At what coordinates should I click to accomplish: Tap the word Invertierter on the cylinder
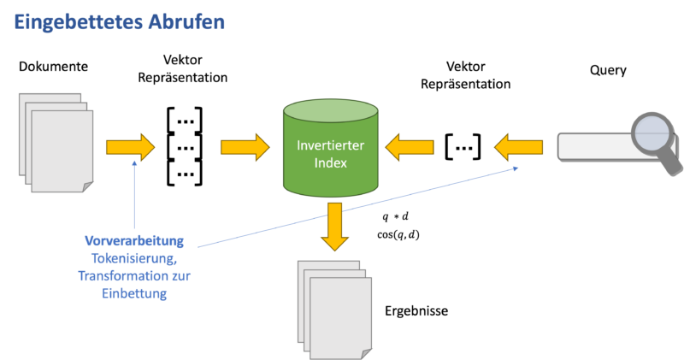(x=329, y=145)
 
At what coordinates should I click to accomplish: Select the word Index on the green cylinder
(x=329, y=162)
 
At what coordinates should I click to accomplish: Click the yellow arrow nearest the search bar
(x=518, y=146)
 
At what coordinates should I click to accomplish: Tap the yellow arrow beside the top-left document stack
(x=130, y=147)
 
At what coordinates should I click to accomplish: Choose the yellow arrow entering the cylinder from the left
(x=245, y=146)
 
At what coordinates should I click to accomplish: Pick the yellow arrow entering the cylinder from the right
(x=409, y=147)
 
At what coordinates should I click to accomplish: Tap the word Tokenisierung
(x=133, y=258)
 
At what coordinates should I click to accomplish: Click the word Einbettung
(x=133, y=293)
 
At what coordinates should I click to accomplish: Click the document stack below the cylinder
(x=334, y=307)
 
